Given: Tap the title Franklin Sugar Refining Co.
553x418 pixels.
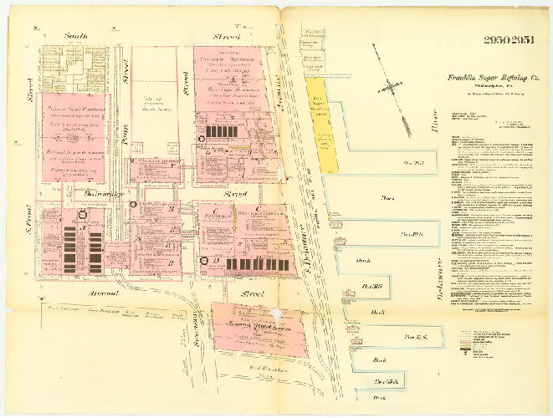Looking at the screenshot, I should point(485,78).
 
